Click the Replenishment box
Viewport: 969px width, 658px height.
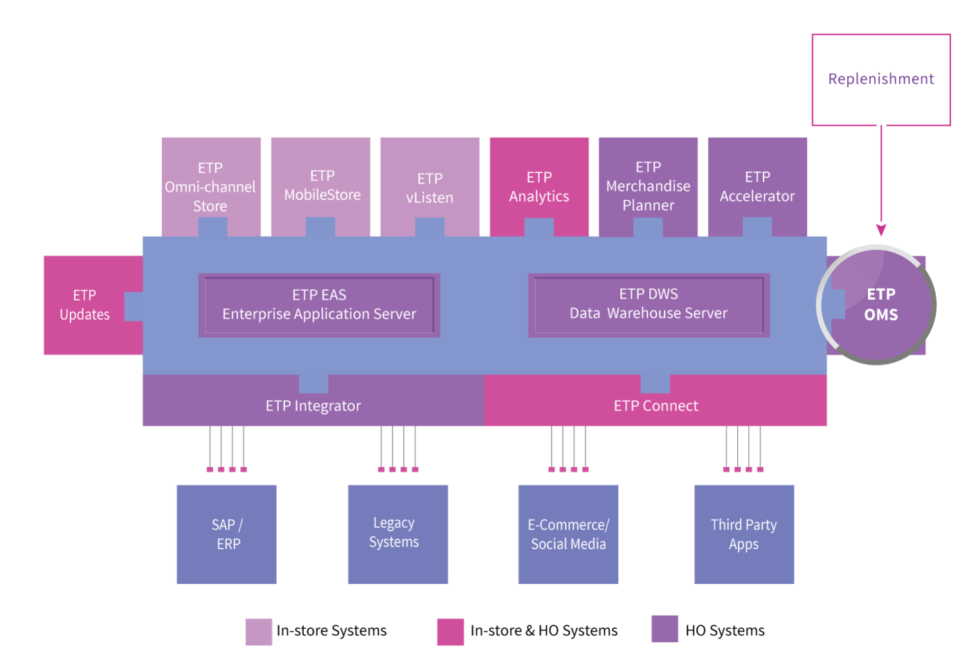pos(881,80)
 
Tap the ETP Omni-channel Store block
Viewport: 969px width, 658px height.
pos(211,187)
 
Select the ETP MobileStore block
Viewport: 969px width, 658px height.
pos(320,187)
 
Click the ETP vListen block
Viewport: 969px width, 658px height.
pos(430,187)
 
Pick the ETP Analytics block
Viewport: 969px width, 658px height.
pos(539,187)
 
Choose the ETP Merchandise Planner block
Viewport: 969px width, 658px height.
pos(648,187)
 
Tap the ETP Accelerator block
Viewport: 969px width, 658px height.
pos(757,187)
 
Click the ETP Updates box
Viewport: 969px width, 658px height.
pos(93,305)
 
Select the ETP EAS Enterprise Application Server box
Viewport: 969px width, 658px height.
pos(319,305)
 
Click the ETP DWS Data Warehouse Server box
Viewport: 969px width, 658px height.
pos(649,305)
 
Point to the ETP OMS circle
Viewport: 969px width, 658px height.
pos(876,305)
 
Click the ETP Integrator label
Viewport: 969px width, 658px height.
pos(313,406)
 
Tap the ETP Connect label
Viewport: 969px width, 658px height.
pos(656,406)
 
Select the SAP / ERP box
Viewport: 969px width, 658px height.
pos(227,534)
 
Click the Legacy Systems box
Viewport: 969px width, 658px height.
pos(398,534)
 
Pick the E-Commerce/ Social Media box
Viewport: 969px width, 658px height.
pos(568,534)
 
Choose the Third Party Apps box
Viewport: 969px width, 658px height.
pos(744,534)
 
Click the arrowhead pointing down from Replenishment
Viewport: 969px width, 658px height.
pos(881,229)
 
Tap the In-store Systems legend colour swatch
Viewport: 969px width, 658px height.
pos(259,632)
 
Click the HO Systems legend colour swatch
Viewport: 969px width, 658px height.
pos(665,629)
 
